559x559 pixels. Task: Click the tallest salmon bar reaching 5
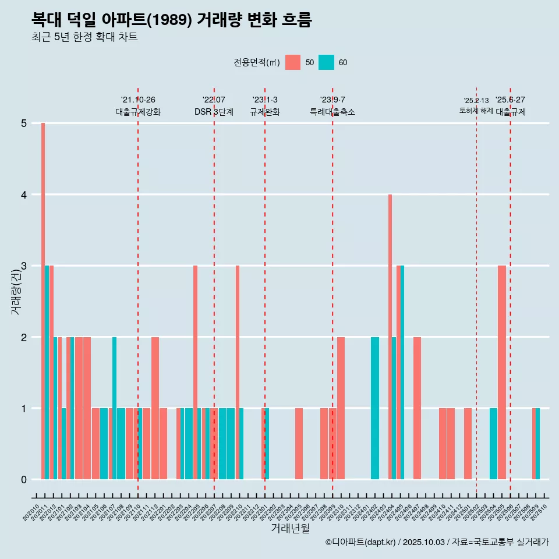[x=43, y=301]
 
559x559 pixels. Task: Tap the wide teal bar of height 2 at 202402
[x=375, y=408]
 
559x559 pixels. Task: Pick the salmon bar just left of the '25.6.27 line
[x=502, y=372]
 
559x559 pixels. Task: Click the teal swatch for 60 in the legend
[x=326, y=62]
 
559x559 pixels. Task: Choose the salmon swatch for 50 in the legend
[x=293, y=62]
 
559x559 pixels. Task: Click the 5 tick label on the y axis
[x=24, y=123]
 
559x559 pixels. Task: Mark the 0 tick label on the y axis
[x=24, y=480]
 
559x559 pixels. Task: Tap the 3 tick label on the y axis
[x=24, y=266]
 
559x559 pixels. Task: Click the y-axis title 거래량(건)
[x=16, y=292]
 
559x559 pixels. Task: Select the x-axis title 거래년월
[x=290, y=528]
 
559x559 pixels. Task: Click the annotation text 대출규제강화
[x=138, y=112]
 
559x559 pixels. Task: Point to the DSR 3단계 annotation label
[x=214, y=112]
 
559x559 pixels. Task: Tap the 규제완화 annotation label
[x=265, y=112]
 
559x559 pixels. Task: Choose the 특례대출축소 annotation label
[x=332, y=112]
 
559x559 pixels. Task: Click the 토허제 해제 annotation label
[x=476, y=111]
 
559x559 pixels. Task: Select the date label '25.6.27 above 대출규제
[x=510, y=100]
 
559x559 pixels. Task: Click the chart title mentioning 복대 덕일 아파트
[x=172, y=20]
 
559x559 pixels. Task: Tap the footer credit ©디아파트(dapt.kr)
[x=361, y=542]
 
